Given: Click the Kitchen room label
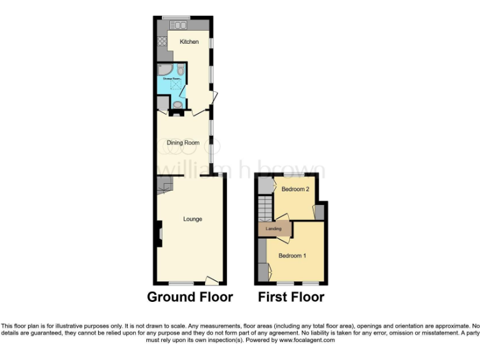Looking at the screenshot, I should [x=189, y=42].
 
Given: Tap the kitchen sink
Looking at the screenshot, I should [x=178, y=25].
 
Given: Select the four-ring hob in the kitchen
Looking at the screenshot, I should [x=162, y=42].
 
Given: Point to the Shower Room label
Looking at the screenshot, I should [x=171, y=79].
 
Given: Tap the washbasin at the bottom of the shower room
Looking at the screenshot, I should [x=177, y=104].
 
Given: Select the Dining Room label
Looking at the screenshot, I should [x=183, y=142].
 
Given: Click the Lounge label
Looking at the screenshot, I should [x=192, y=219].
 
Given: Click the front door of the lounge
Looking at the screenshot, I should [x=212, y=281].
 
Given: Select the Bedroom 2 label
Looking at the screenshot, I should [x=296, y=189].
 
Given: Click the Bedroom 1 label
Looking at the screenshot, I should [x=292, y=256].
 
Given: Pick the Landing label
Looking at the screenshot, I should [x=274, y=229].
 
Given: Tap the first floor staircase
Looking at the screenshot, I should [x=265, y=208].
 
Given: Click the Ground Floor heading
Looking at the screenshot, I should [x=190, y=297].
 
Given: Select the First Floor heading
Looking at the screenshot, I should [x=291, y=297].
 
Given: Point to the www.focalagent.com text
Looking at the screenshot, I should [x=307, y=341].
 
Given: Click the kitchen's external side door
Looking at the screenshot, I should [x=215, y=97].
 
